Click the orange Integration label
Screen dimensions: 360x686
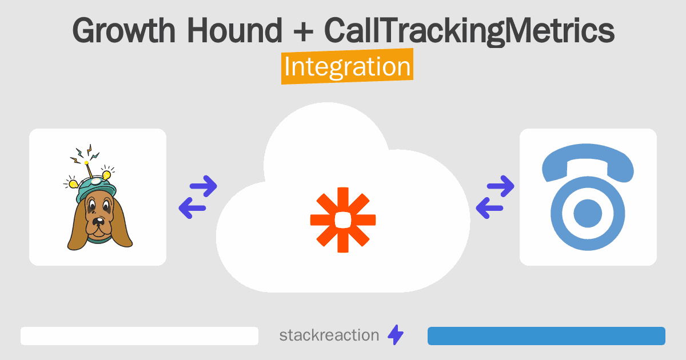pyautogui.click(x=347, y=67)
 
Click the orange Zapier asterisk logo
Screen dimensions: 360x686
pyautogui.click(x=343, y=219)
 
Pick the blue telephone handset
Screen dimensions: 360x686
pyautogui.click(x=588, y=166)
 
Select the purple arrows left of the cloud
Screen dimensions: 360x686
pyautogui.click(x=198, y=197)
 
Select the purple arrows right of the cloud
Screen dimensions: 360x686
pyautogui.click(x=495, y=197)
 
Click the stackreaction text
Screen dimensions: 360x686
pyautogui.click(x=329, y=335)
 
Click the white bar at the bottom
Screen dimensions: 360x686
pyautogui.click(x=139, y=336)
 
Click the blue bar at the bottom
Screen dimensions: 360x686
pyautogui.click(x=546, y=336)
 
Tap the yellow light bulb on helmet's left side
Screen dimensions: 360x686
pyautogui.click(x=73, y=183)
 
